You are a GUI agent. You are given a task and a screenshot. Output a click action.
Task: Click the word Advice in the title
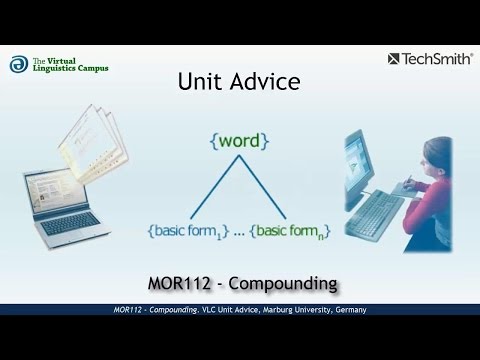pos(262,81)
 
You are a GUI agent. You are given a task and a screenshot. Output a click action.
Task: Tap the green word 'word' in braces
pos(239,141)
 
